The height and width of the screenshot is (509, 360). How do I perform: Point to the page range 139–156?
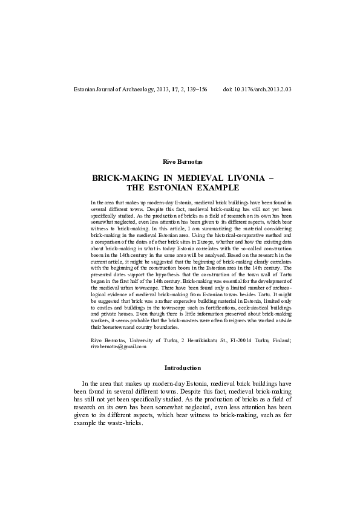[194, 89]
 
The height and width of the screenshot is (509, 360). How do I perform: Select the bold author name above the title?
[180, 162]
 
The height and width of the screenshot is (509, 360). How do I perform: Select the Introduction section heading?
[180, 367]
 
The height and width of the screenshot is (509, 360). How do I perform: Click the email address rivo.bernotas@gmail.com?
[119, 347]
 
